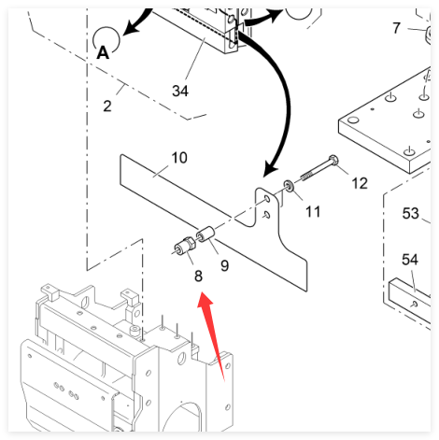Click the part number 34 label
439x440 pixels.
click(x=180, y=91)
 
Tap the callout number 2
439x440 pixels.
click(x=107, y=106)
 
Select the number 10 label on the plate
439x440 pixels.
click(x=179, y=158)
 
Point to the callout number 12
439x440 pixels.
click(x=360, y=183)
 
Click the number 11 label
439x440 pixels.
click(x=313, y=212)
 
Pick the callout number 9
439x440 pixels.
click(x=224, y=265)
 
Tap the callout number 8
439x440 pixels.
click(x=198, y=276)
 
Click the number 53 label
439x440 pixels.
click(x=411, y=214)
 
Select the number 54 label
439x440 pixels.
click(x=410, y=260)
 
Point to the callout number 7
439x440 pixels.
click(x=396, y=28)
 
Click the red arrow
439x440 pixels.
click(x=211, y=335)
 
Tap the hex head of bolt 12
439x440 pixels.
click(x=333, y=160)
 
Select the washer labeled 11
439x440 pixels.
click(x=290, y=186)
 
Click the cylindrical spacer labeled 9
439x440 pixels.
click(x=205, y=234)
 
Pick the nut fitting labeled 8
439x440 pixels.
click(x=185, y=245)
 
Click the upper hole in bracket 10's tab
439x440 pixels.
click(x=267, y=199)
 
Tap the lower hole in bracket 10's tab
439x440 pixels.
click(x=266, y=215)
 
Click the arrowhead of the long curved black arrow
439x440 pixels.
click(x=270, y=170)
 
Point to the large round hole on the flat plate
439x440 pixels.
click(x=353, y=120)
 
